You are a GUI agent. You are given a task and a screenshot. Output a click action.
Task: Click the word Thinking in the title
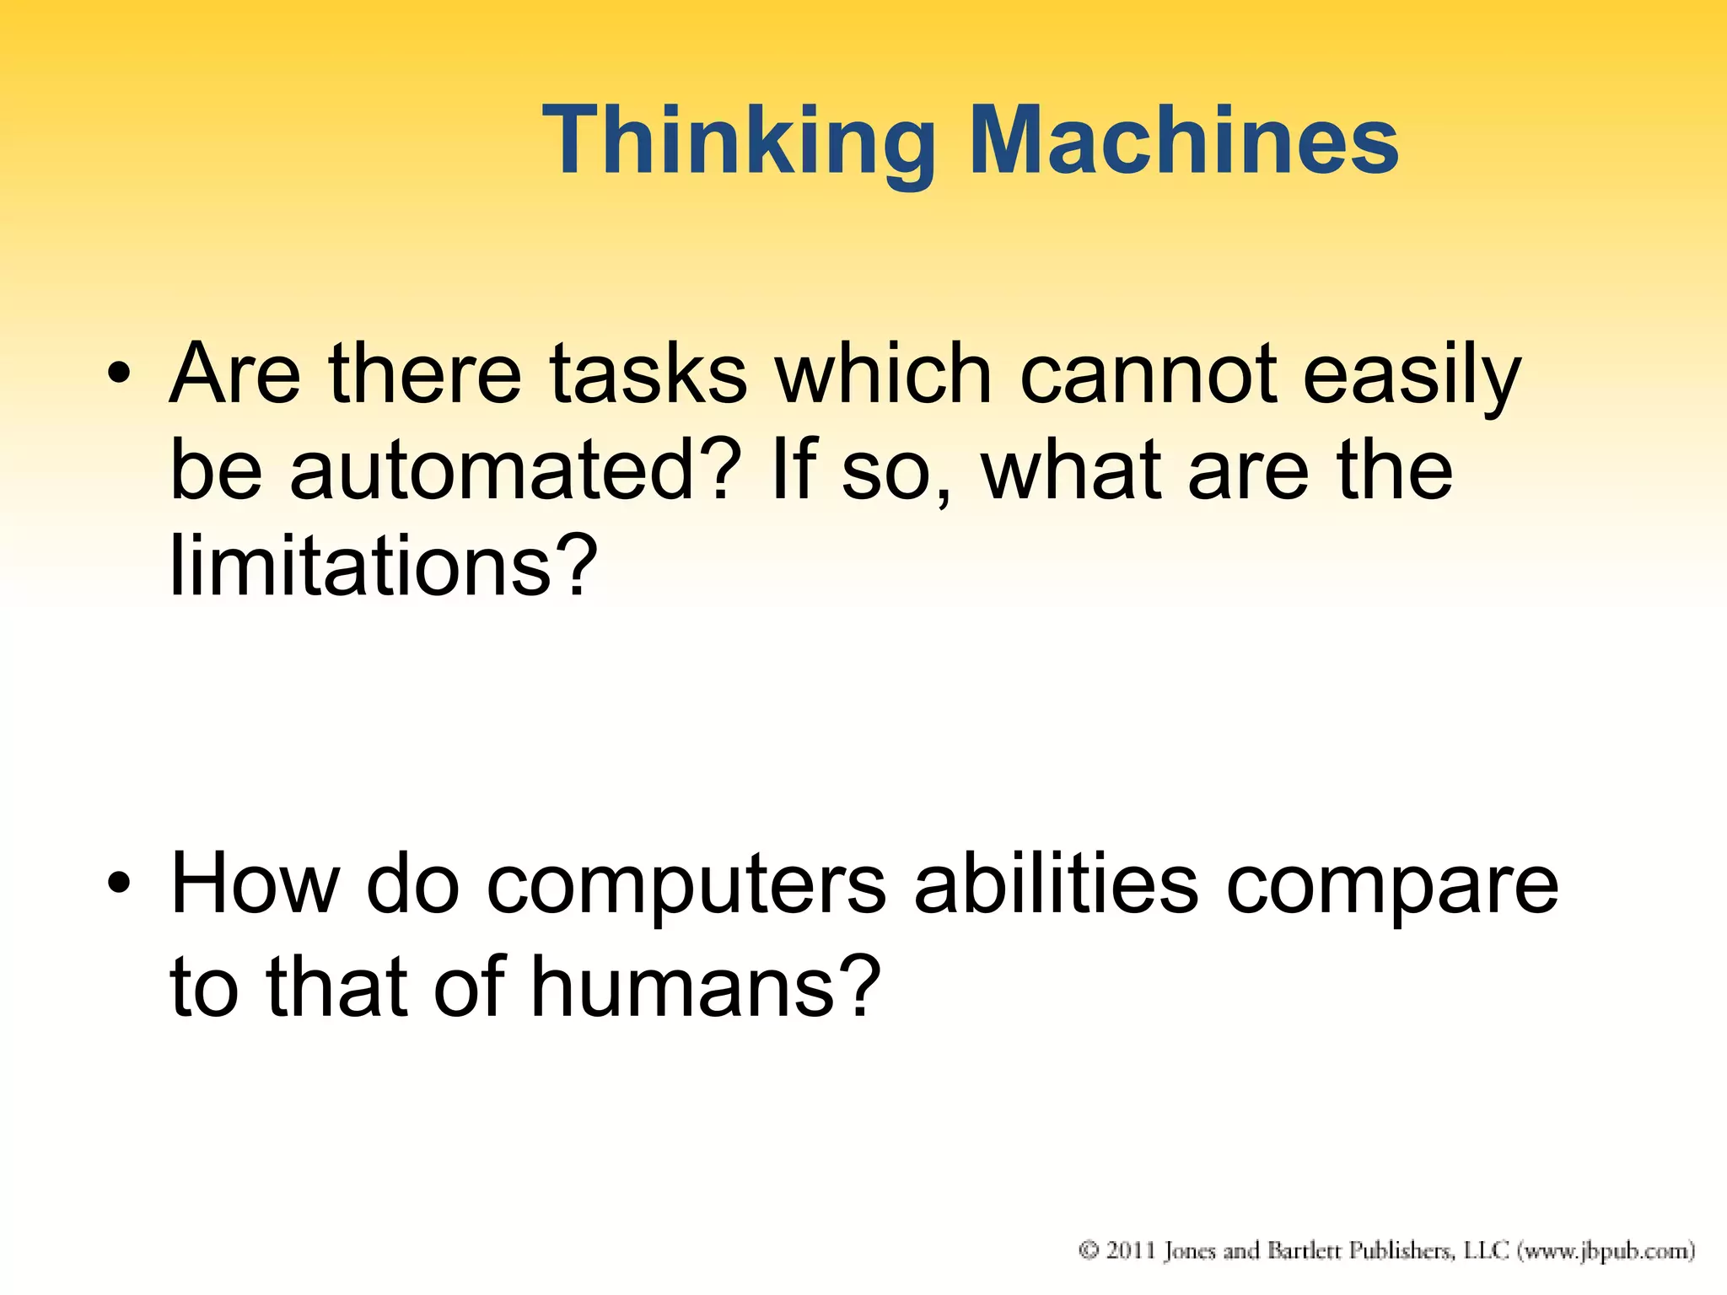tap(739, 142)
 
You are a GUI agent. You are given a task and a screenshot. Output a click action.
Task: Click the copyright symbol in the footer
tap(1089, 1250)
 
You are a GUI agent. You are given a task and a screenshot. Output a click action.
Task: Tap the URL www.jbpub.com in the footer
tap(1606, 1250)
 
